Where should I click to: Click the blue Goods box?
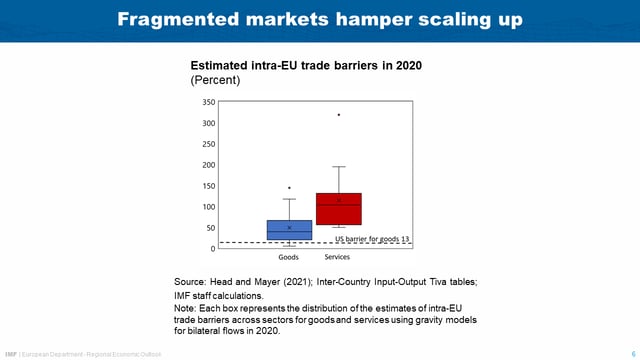pyautogui.click(x=289, y=230)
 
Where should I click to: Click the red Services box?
pyautogui.click(x=338, y=209)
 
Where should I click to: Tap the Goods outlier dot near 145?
pyautogui.click(x=289, y=188)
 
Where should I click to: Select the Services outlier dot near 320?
pyautogui.click(x=339, y=115)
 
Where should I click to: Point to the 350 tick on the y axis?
pyautogui.click(x=208, y=103)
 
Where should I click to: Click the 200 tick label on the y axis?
pyautogui.click(x=208, y=165)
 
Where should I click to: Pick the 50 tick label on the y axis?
pyautogui.click(x=210, y=228)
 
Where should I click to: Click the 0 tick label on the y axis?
pyautogui.click(x=212, y=249)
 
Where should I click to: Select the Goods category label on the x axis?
pyautogui.click(x=289, y=258)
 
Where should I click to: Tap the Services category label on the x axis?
pyautogui.click(x=338, y=258)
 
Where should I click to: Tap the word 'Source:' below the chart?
pyautogui.click(x=193, y=283)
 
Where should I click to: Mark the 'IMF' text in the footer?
pyautogui.click(x=11, y=354)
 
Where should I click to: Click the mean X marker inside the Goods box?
pyautogui.click(x=289, y=228)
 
